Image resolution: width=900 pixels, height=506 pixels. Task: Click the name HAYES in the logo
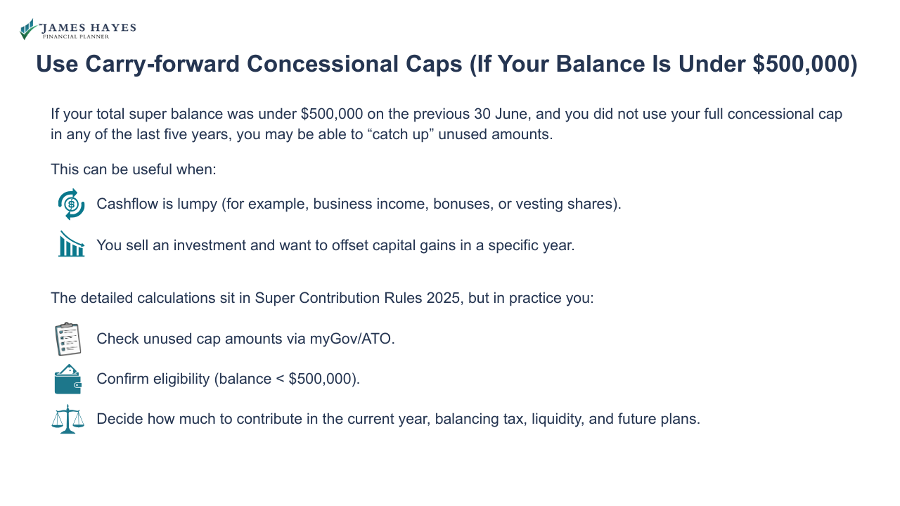pos(113,27)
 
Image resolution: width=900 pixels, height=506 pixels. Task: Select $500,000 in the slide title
pos(799,64)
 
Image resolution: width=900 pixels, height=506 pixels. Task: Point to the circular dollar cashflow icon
pos(71,205)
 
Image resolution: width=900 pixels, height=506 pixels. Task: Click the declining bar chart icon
pos(71,245)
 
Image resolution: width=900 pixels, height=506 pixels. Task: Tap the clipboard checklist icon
pos(68,339)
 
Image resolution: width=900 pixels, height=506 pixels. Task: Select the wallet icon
pos(68,379)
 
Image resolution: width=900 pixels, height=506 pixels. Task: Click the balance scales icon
pos(68,420)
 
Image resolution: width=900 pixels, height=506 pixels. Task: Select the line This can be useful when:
pos(134,169)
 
